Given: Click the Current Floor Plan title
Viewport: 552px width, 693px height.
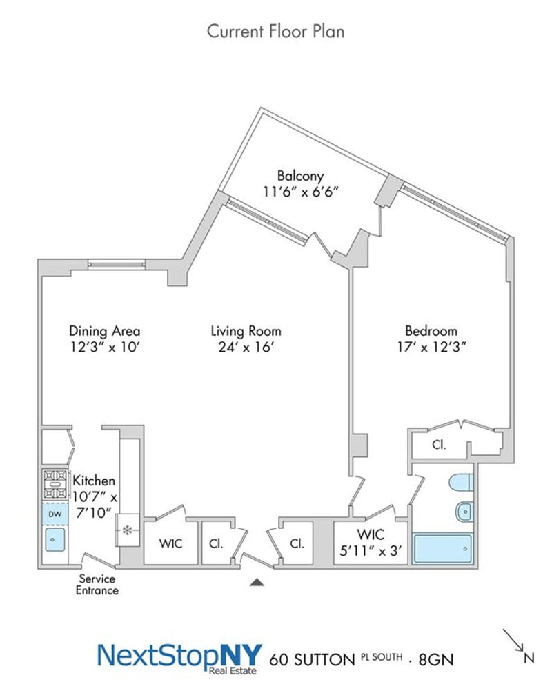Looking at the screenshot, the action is (x=275, y=32).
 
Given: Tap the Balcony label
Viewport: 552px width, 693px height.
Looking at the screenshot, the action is (x=300, y=176).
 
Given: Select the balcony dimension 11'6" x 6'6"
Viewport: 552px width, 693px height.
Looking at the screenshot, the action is (x=300, y=192).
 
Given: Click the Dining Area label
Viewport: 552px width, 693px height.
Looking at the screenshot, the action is (x=104, y=331).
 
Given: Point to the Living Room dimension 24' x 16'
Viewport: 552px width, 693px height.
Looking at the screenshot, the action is (x=246, y=347).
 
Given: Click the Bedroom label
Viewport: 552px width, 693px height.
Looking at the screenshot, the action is (x=431, y=331).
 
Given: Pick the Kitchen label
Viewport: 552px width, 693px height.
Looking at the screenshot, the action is (x=94, y=481).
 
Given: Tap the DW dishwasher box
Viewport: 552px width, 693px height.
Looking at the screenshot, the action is (x=55, y=514).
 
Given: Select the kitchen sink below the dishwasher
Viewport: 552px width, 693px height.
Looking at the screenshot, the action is (x=55, y=540).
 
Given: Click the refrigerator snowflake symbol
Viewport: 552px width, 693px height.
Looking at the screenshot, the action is (x=128, y=530).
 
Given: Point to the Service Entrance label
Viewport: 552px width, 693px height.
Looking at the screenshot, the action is (x=97, y=584).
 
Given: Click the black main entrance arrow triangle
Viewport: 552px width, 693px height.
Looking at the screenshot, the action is (x=257, y=582).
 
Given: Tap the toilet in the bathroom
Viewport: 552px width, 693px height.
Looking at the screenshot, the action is (x=462, y=483).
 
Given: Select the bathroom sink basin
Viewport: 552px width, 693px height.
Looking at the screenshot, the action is (x=464, y=512).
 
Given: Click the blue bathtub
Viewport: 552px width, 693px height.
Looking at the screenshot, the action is (x=442, y=548).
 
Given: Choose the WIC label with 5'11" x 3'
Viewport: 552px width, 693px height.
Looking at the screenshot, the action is (x=371, y=542).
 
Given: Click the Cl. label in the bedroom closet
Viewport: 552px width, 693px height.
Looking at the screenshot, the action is (x=439, y=445).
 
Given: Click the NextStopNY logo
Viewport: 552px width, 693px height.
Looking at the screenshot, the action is (x=179, y=659).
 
